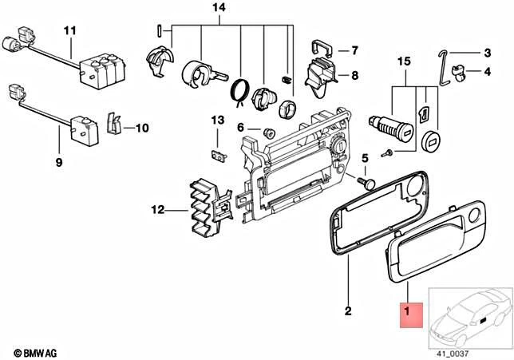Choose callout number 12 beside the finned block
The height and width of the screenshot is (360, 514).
158,211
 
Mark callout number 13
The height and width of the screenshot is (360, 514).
218,120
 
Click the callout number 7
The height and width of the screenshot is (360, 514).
355,50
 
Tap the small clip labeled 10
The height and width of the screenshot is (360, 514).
114,123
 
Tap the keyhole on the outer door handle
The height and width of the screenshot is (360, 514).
475,216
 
